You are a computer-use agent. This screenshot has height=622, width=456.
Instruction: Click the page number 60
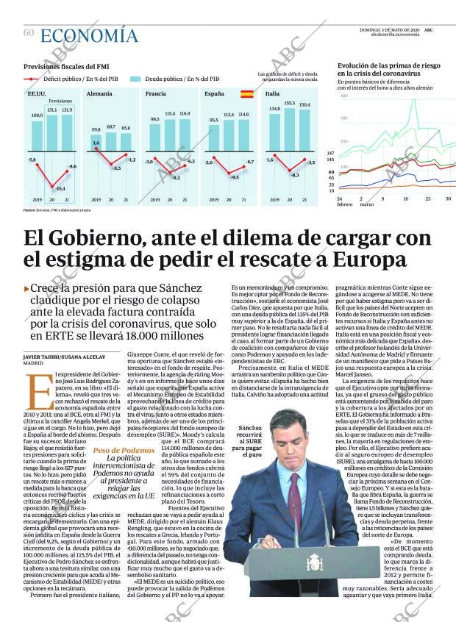[x=29, y=32]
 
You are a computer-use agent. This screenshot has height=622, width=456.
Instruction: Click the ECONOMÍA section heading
[x=89, y=35]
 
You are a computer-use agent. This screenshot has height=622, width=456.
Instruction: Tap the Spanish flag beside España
[x=246, y=94]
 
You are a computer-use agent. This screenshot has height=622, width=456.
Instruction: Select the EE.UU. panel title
[x=37, y=95]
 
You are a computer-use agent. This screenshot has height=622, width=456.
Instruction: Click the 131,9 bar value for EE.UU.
[x=68, y=110]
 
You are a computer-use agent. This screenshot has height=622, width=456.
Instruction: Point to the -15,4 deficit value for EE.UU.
[x=60, y=188]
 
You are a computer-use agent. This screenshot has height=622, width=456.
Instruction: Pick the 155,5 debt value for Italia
[x=289, y=103]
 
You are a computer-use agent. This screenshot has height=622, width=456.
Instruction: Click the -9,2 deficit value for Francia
[x=176, y=178]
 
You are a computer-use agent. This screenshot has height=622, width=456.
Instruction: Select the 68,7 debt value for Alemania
[x=111, y=126]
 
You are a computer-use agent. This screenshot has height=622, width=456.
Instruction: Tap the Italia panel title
[x=272, y=95]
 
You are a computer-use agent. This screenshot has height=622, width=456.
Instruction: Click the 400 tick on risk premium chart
[x=343, y=96]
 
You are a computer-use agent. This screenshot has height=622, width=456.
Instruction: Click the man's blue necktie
[x=297, y=491]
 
